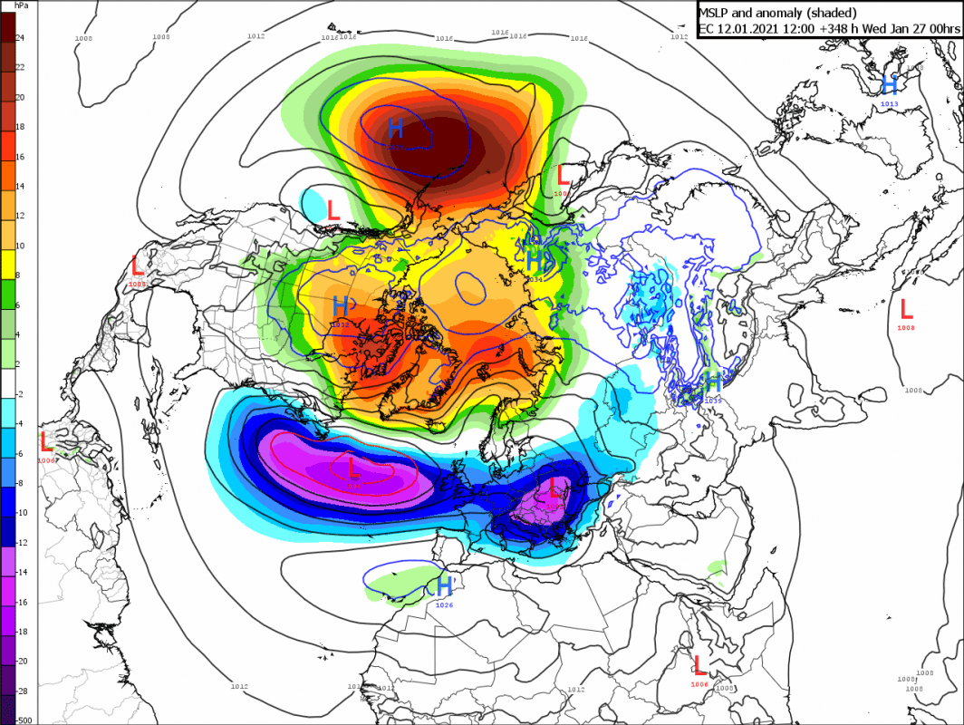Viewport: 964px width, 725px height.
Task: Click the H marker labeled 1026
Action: [444, 585]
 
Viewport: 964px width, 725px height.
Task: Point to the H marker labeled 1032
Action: [342, 305]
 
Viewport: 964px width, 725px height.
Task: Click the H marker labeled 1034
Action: [535, 261]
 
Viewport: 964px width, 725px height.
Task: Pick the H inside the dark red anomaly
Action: [396, 128]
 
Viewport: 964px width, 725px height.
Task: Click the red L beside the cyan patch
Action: [333, 211]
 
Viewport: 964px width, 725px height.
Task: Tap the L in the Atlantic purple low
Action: [354, 469]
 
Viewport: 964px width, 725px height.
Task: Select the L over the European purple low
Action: [554, 491]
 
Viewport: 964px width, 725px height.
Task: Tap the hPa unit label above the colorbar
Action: [20, 5]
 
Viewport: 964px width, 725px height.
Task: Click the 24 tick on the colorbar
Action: [20, 38]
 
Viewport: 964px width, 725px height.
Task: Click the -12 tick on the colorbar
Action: [21, 543]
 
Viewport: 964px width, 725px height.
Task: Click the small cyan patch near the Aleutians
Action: [313, 200]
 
